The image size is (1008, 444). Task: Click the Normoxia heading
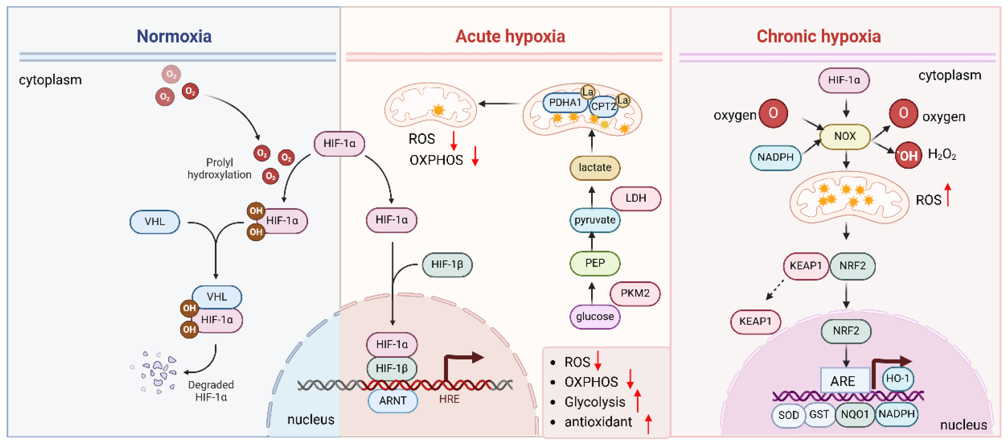tap(174, 37)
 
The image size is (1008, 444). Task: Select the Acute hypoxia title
tap(510, 37)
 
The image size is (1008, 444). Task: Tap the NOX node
tap(845, 136)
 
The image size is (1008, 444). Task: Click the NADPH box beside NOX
tap(775, 157)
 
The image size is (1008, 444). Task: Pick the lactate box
tap(595, 168)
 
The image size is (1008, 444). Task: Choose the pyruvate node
tap(595, 220)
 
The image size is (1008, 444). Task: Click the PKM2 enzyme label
tap(635, 293)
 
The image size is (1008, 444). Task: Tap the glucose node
tap(595, 316)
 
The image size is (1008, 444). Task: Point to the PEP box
tap(595, 263)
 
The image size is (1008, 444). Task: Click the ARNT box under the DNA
tap(393, 401)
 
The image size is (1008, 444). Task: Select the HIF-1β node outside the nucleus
tap(447, 265)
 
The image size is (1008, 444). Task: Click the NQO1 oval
tap(855, 414)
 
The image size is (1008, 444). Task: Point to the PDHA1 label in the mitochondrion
tap(565, 103)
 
